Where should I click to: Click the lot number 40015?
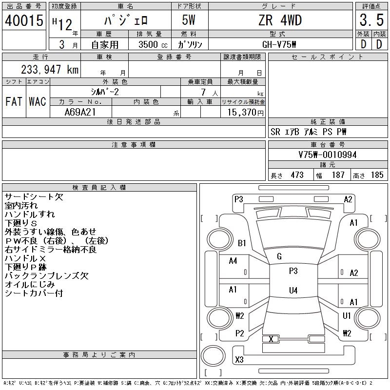point(24,20)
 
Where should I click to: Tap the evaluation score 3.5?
point(370,20)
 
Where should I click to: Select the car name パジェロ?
point(126,20)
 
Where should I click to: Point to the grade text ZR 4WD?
point(280,20)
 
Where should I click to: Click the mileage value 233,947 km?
point(50,70)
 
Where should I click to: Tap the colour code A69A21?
point(80,112)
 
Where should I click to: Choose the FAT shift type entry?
point(14,102)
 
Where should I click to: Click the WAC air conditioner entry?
point(37,102)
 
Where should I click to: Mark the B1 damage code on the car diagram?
point(242,243)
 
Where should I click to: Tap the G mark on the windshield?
point(279,256)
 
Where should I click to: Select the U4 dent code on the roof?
point(293,291)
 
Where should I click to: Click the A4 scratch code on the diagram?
point(233,261)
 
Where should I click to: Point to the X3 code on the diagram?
point(239,359)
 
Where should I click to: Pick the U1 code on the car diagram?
point(347,316)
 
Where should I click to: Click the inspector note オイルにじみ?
point(30,285)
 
